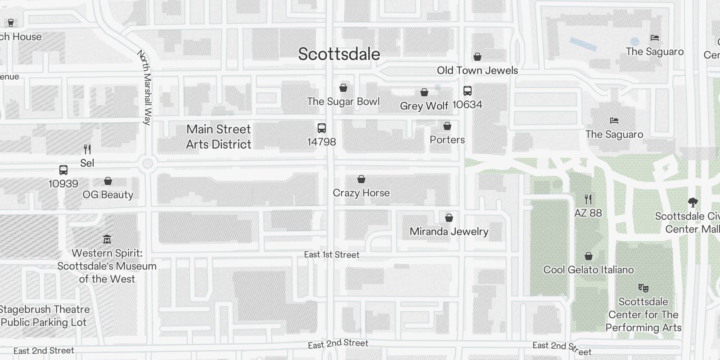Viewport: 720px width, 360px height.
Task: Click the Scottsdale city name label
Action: click(x=339, y=54)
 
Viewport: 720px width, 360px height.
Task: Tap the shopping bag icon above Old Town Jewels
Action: click(x=477, y=57)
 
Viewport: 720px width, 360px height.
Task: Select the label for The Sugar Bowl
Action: click(x=343, y=102)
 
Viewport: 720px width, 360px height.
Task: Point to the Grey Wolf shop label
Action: click(x=424, y=106)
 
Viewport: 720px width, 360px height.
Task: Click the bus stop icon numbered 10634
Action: click(x=468, y=91)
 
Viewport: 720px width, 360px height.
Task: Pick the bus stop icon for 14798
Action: click(x=322, y=128)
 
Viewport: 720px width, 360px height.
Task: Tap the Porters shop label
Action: click(x=447, y=139)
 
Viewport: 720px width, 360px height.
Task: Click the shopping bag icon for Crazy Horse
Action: click(x=361, y=180)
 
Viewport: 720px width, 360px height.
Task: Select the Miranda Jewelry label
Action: click(x=449, y=231)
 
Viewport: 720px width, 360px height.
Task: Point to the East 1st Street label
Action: click(x=332, y=255)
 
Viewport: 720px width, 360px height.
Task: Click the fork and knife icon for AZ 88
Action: click(x=588, y=199)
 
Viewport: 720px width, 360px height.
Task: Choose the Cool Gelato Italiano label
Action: click(x=589, y=270)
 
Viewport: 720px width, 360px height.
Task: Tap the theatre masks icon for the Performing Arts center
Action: click(x=643, y=288)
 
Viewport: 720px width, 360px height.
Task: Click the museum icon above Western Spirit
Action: click(x=107, y=239)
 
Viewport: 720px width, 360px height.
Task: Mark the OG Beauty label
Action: click(x=108, y=194)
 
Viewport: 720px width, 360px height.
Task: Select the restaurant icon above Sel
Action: click(x=87, y=149)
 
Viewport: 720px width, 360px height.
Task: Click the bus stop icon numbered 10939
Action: click(x=63, y=170)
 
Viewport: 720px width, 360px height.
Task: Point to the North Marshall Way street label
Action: click(x=144, y=88)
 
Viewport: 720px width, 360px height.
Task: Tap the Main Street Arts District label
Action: click(x=219, y=137)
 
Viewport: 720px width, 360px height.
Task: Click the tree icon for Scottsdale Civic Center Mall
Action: click(x=693, y=202)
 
